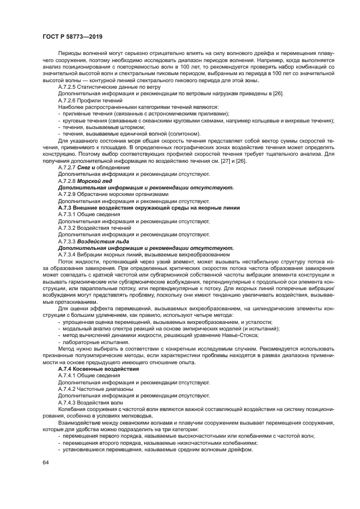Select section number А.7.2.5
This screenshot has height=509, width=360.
(69, 87)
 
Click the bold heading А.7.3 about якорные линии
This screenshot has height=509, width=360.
(149, 207)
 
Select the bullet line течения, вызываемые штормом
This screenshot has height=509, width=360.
(96, 127)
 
